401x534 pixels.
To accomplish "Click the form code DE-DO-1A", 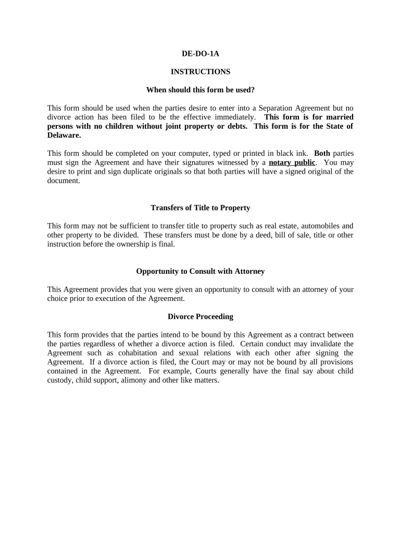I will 200,54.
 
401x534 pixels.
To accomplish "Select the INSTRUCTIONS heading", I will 200,72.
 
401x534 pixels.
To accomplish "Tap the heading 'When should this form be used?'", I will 200,90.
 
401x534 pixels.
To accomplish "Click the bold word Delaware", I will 64,135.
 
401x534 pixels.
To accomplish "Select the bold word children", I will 122,126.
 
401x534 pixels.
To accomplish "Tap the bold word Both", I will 322,153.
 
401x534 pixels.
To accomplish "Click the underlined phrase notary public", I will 292,162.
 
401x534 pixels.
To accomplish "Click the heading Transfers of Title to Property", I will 200,208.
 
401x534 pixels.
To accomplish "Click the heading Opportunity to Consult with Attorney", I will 200,271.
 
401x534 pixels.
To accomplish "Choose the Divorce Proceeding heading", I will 200,317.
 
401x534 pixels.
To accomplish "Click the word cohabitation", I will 131,353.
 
